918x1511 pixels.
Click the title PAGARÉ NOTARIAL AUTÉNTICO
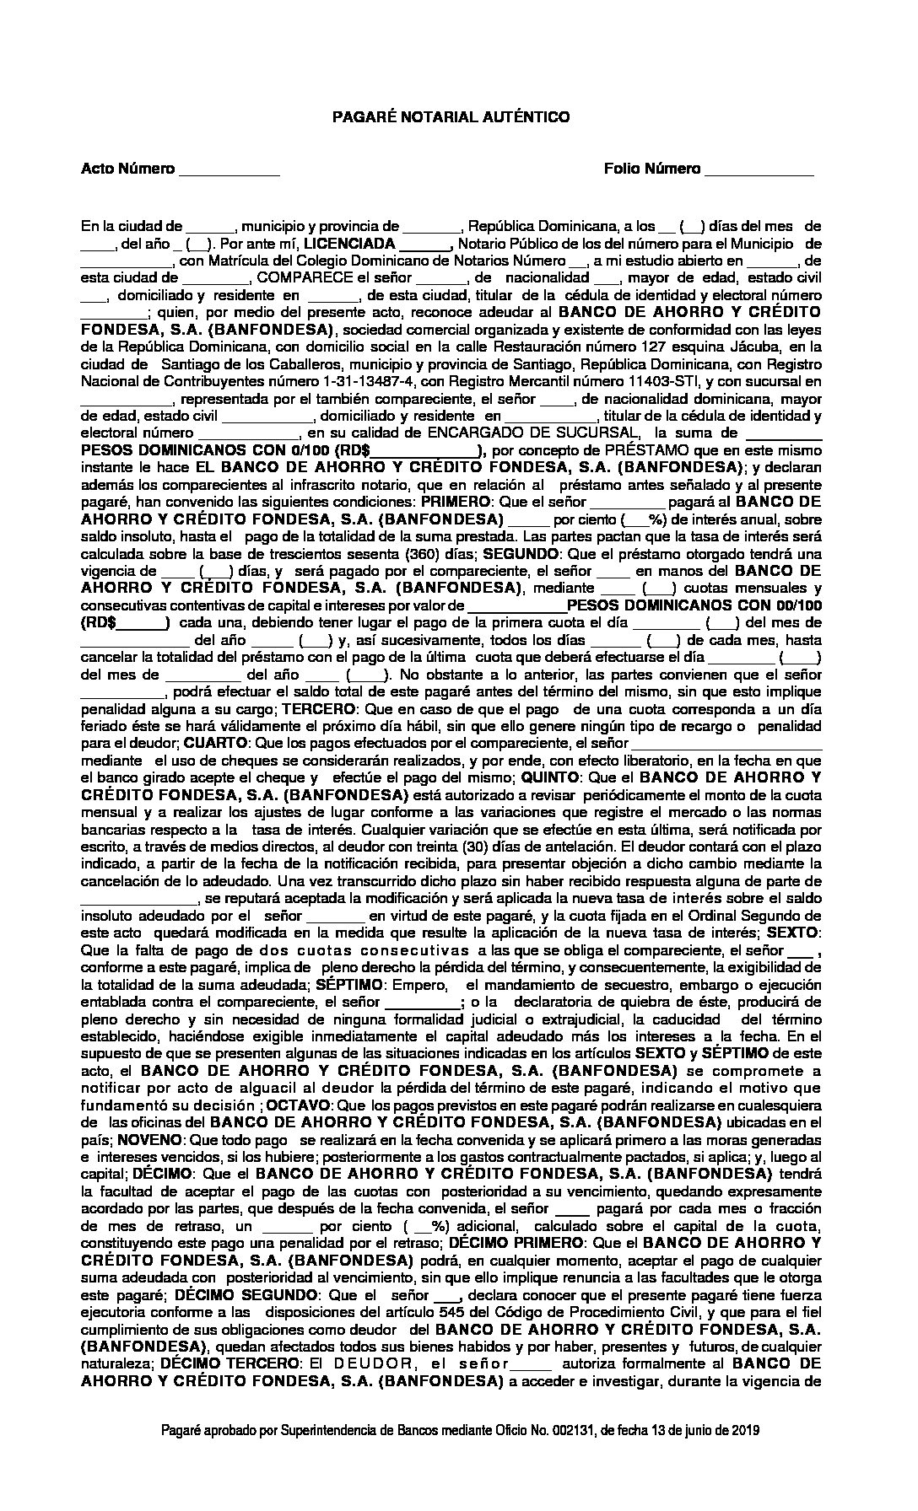coord(451,117)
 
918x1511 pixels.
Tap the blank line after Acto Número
coord(229,170)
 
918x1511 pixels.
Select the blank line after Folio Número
coord(759,170)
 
